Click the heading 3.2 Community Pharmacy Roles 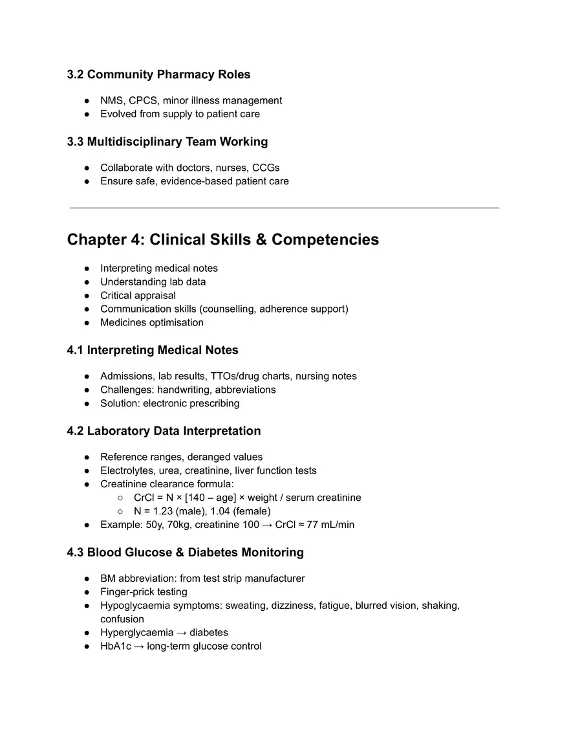(x=158, y=74)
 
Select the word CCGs (x=266, y=168)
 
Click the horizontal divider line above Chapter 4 (x=284, y=208)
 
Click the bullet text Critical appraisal (x=138, y=295)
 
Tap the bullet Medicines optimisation (x=151, y=322)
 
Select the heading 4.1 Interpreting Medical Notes (x=153, y=350)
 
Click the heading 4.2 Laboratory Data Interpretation (x=164, y=431)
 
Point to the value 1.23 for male (x=166, y=511)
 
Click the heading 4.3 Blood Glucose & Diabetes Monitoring (x=185, y=553)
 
